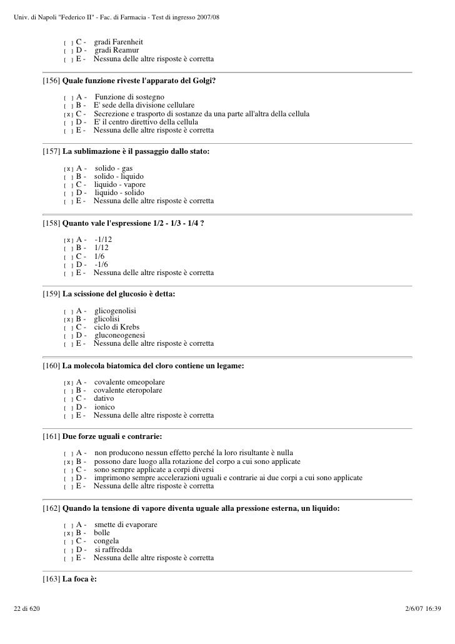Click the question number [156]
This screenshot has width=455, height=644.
point(51,81)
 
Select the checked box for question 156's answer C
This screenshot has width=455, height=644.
point(68,114)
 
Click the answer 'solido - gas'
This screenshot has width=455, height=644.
point(114,168)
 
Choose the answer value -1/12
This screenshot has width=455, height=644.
point(104,239)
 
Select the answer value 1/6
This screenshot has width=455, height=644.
point(99,256)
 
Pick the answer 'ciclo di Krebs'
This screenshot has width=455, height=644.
point(117,327)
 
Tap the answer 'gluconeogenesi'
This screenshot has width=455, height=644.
point(121,336)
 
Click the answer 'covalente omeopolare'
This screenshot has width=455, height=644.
point(129,382)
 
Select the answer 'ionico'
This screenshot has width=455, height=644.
point(104,407)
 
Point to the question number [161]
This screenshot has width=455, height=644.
point(51,436)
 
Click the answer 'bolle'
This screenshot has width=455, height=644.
point(102,533)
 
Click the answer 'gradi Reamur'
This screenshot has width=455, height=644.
point(117,50)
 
